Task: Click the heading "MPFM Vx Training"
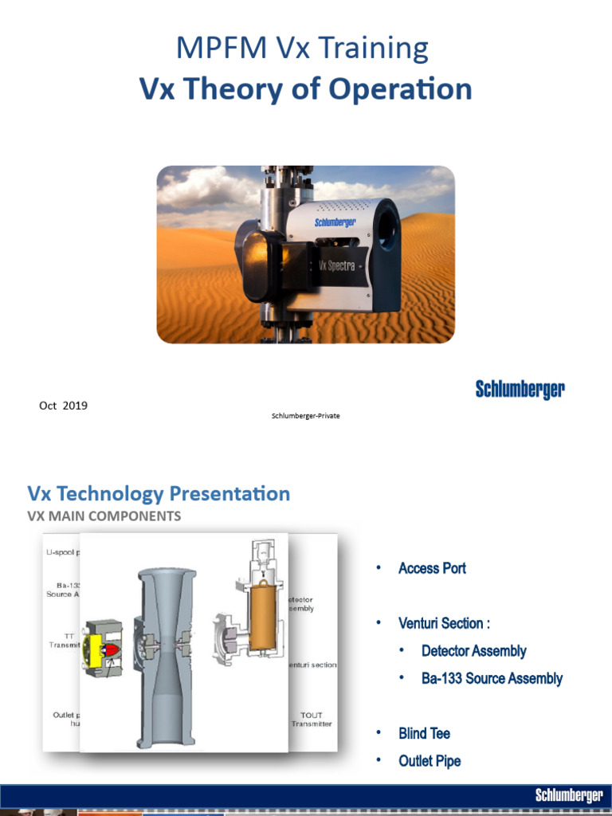(302, 49)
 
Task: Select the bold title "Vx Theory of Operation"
(305, 88)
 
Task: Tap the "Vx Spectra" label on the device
(336, 265)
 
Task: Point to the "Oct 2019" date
(63, 406)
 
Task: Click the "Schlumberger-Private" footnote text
(305, 416)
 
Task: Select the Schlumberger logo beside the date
(520, 390)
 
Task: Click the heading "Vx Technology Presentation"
(159, 493)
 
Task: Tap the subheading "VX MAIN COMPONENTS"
(104, 516)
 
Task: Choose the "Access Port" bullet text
(432, 568)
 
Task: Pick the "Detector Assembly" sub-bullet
(473, 651)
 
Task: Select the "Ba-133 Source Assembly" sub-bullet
(492, 679)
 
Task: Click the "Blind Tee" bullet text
(424, 733)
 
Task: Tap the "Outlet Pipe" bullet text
(430, 761)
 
